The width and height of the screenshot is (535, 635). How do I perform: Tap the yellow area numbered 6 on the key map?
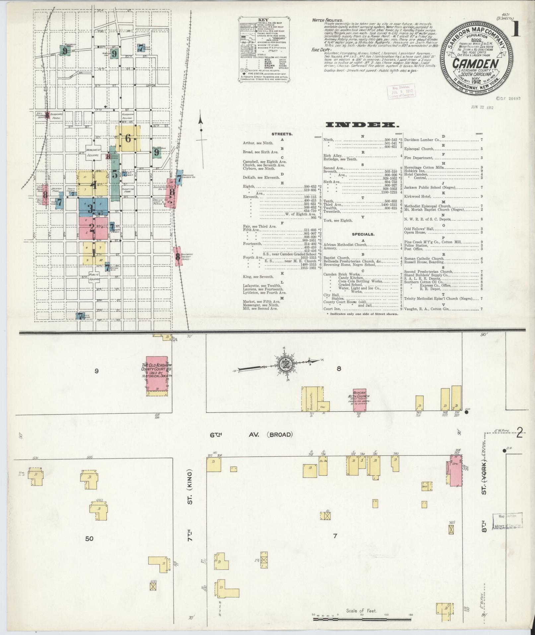pos(128,138)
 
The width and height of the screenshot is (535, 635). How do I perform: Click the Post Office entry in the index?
pos(413,249)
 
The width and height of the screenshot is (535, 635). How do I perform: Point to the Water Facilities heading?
pos(327,20)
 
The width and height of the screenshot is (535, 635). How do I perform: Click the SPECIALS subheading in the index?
pos(363,234)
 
